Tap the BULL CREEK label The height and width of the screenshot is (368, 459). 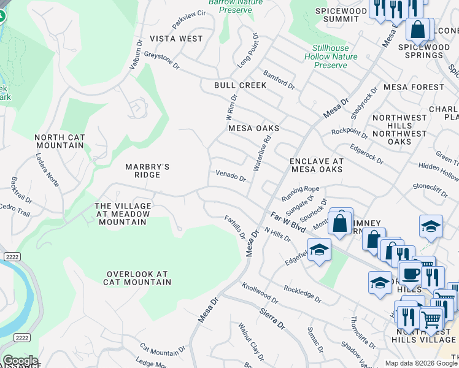point(240,85)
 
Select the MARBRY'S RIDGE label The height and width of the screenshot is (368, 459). point(147,171)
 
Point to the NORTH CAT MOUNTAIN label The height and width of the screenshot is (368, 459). point(59,142)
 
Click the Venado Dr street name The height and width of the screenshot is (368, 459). point(230,176)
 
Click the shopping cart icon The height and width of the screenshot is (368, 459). point(431,318)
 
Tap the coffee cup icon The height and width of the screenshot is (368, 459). point(410,272)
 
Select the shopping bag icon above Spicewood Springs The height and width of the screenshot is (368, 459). point(417,29)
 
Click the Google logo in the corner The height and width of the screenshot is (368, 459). point(20,361)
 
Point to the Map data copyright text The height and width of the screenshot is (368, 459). point(421,363)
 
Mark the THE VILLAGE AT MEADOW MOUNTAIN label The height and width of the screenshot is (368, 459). point(121,213)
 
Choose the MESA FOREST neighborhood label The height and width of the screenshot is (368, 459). point(413,87)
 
